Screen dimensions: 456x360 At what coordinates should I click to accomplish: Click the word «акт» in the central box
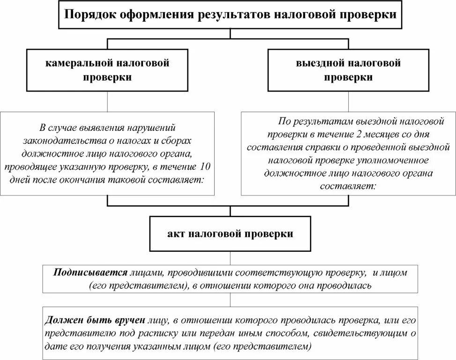coord(174,233)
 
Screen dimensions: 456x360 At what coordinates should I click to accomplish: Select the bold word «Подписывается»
coord(90,272)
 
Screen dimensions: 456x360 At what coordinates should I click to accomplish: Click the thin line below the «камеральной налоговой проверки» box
coord(108,101)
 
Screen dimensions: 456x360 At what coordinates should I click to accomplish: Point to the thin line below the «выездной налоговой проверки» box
coord(349,101)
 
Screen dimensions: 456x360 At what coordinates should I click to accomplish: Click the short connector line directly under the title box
coord(230,34)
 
